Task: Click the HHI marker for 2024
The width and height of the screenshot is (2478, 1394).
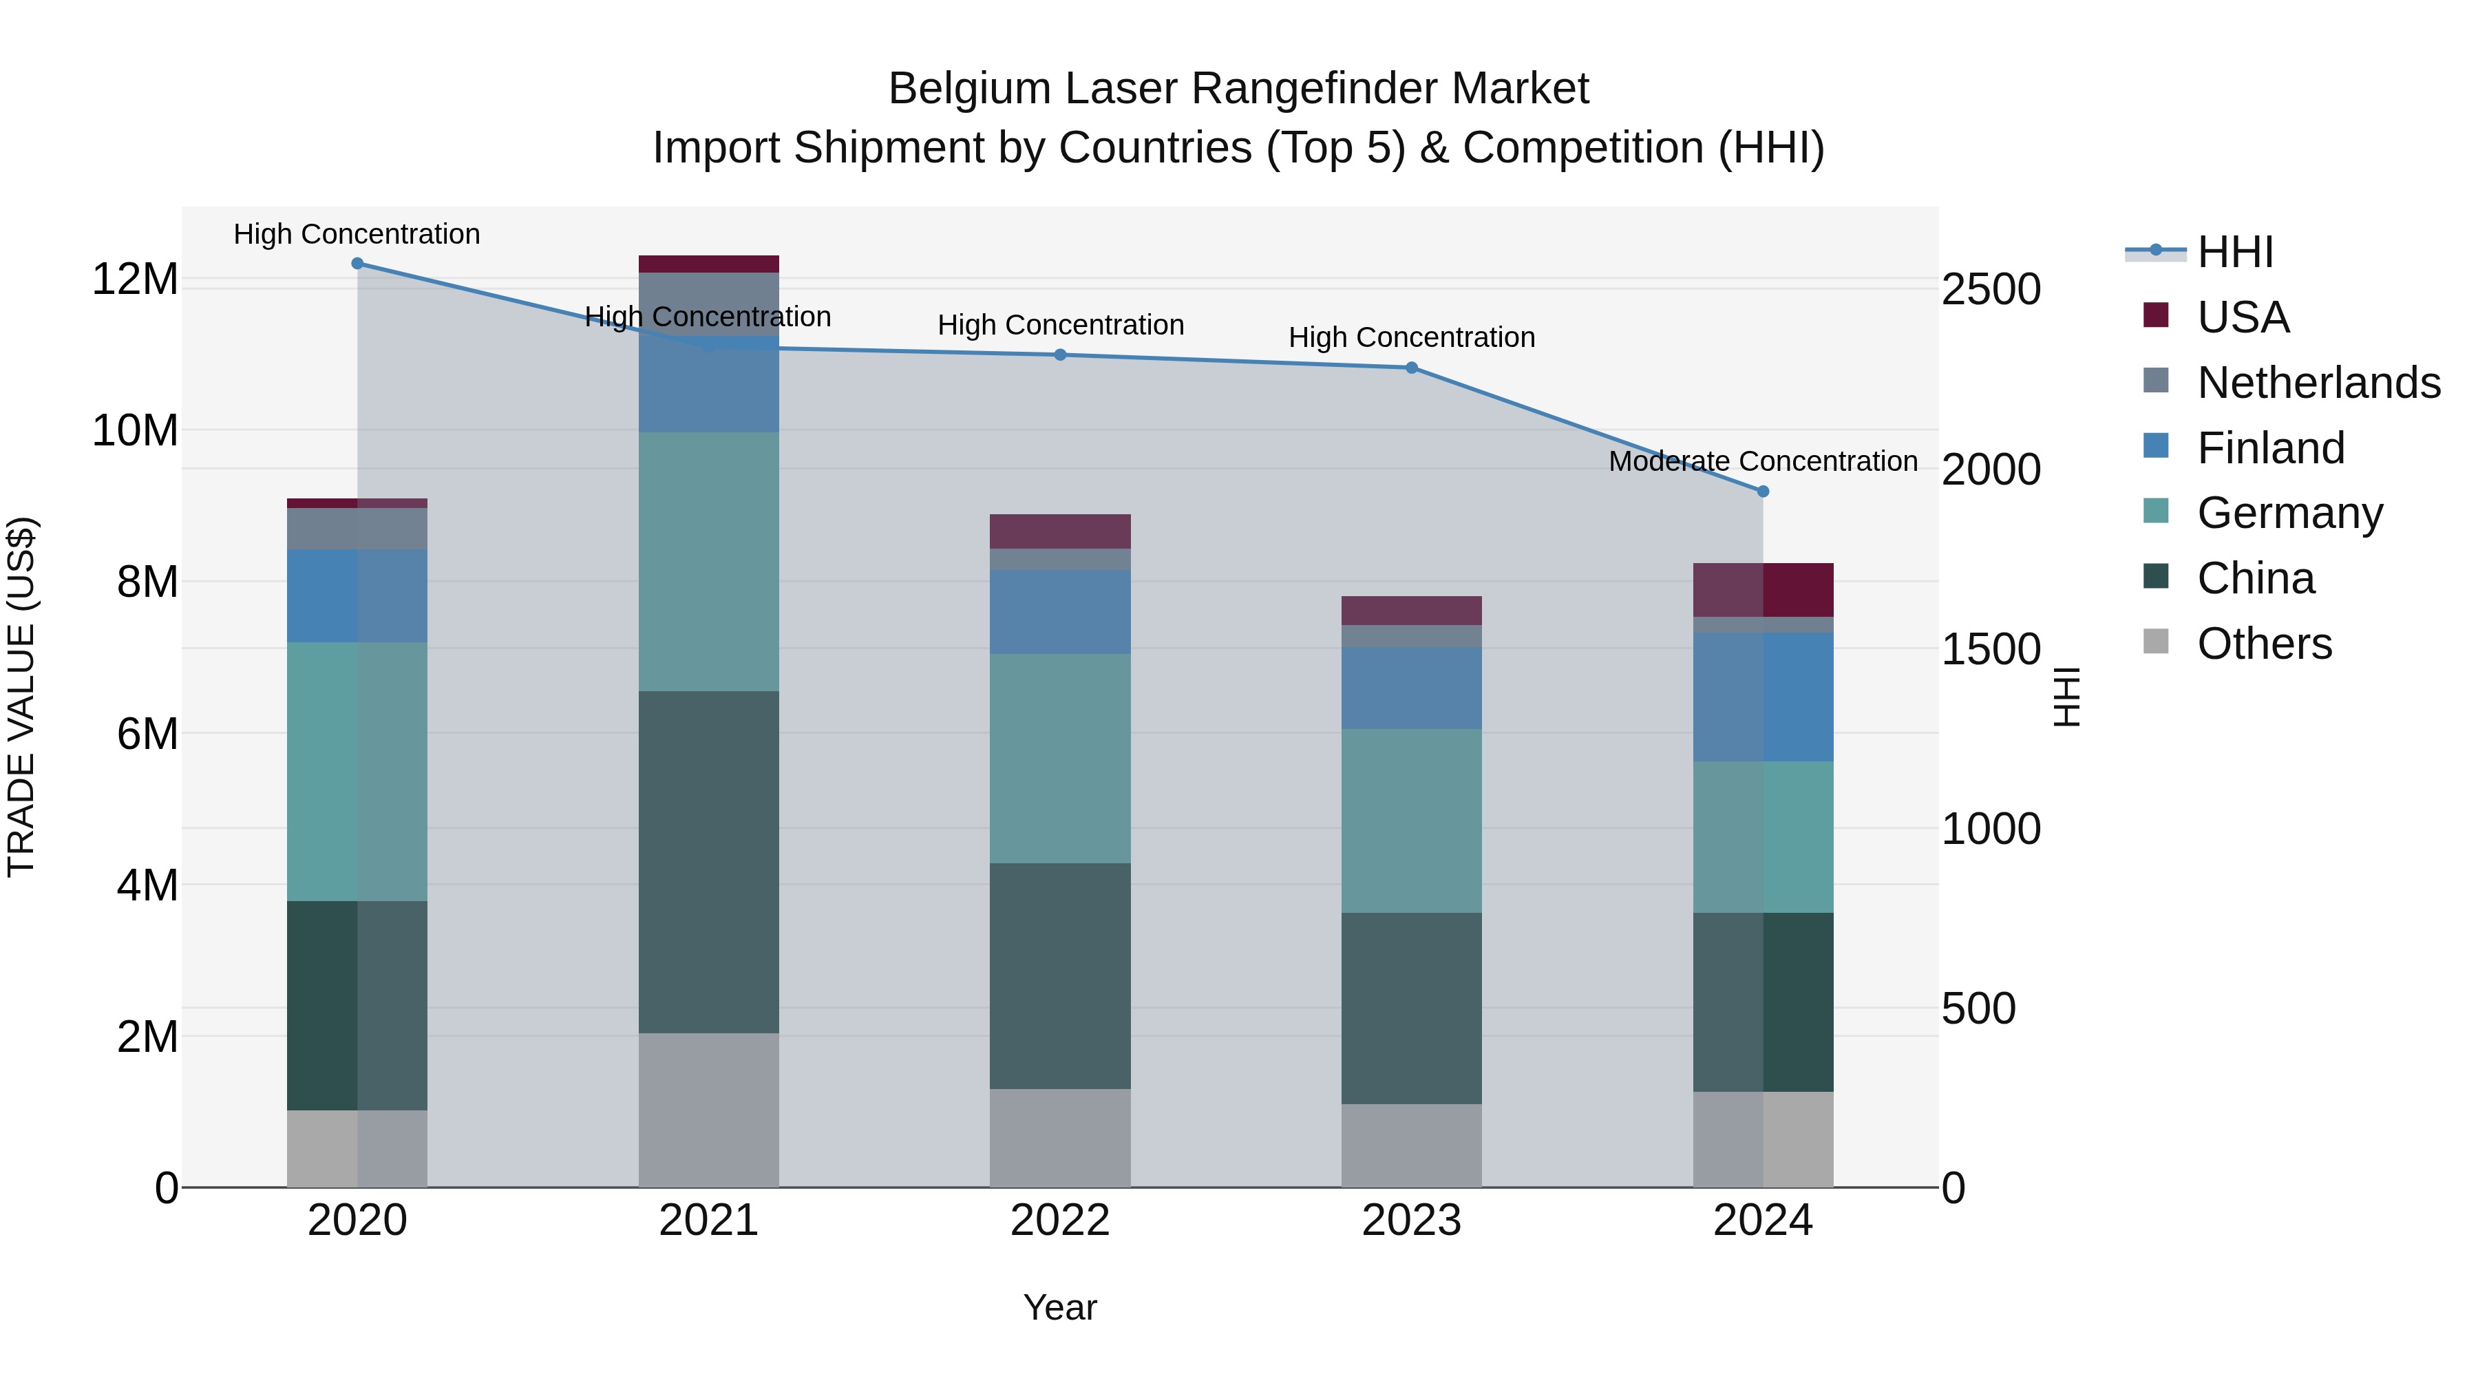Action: coord(1762,492)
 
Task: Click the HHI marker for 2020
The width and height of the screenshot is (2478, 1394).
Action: coord(357,264)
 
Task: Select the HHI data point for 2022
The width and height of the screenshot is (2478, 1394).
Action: coord(1060,355)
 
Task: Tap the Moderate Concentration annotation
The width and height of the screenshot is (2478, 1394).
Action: coord(1762,462)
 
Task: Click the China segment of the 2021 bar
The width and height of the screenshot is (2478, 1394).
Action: coord(708,862)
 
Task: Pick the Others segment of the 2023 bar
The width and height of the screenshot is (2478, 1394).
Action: coord(1411,1145)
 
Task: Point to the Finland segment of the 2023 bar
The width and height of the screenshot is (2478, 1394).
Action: coord(1411,687)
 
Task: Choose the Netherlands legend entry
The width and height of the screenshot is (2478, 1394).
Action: coord(2318,383)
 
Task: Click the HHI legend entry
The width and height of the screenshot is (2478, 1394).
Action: coord(2234,252)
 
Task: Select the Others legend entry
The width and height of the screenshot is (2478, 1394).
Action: coord(2265,644)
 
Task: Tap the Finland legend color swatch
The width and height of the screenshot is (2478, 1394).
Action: coord(2156,446)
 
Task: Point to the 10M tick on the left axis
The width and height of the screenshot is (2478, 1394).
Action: coord(135,431)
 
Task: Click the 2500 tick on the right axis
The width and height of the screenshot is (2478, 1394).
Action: coord(1990,290)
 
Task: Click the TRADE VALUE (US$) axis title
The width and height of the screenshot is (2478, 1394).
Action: coord(21,697)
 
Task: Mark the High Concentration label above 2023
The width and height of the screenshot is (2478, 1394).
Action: coord(1411,338)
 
